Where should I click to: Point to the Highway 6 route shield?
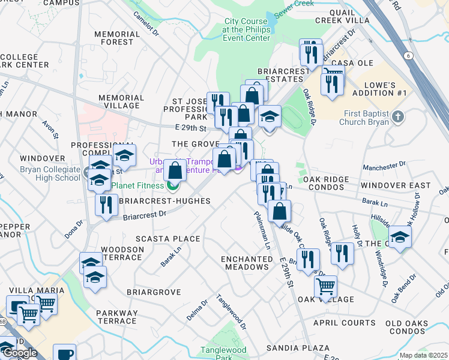(x=408, y=56)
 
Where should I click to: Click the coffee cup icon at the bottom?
(x=64, y=353)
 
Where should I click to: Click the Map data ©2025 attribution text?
(x=423, y=355)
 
